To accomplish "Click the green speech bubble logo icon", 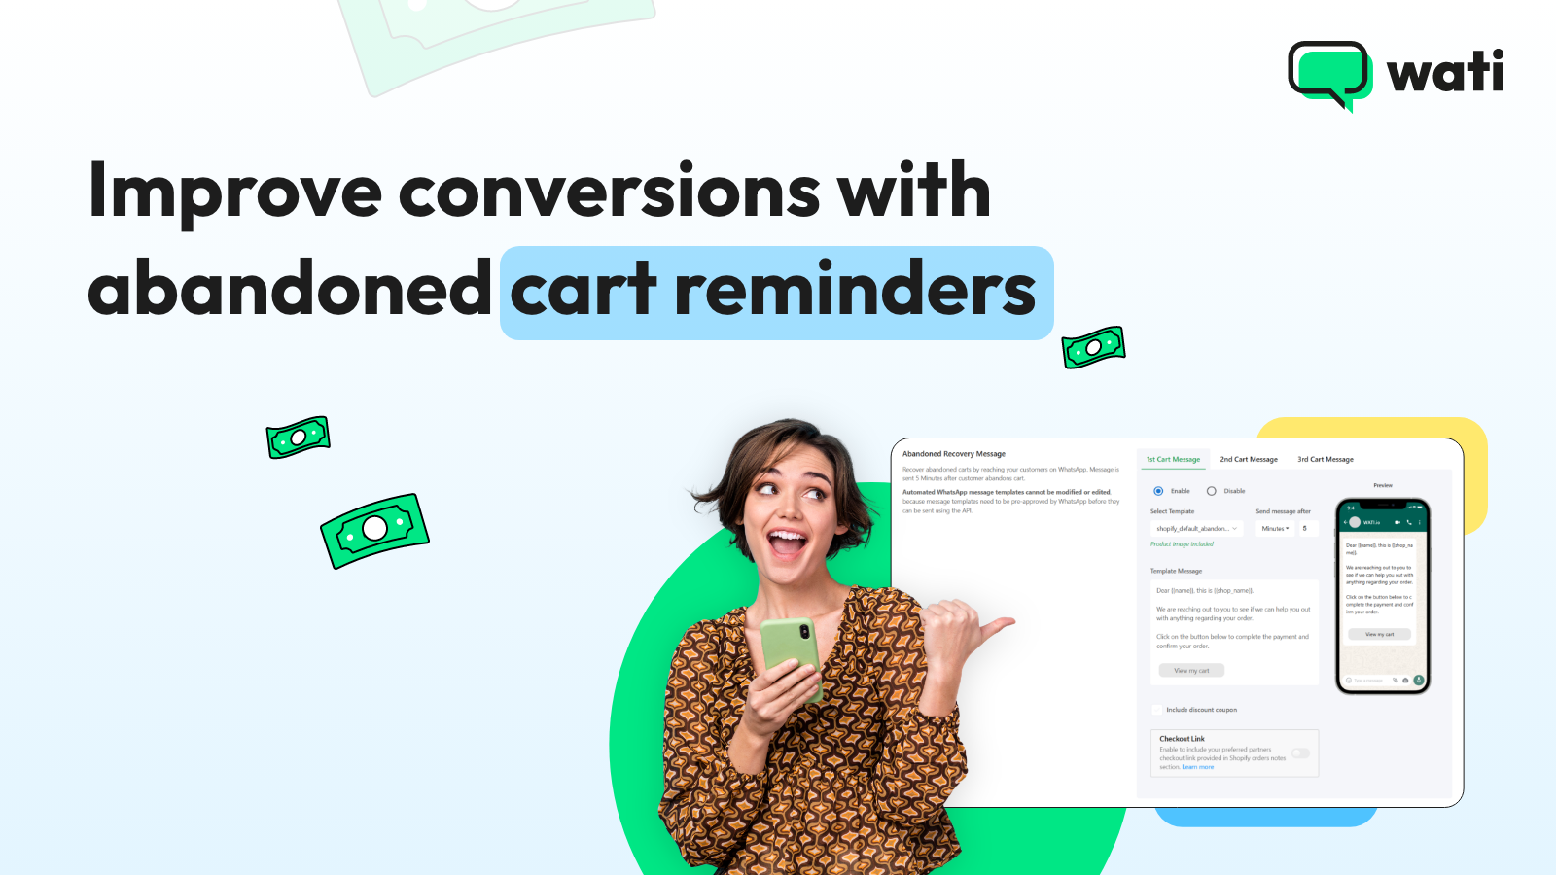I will pos(1328,73).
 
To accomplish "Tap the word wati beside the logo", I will pos(1445,72).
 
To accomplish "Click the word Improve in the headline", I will pos(234,192).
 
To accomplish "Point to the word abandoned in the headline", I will pos(290,290).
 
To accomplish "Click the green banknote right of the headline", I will pos(1093,347).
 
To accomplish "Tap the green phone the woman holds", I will pos(791,657).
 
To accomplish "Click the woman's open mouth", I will pos(787,541).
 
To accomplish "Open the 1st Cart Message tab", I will pos(1173,459).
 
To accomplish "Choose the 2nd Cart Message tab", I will pos(1249,459).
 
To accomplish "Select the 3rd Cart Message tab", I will pos(1326,459).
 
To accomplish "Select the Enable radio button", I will pos(1158,491).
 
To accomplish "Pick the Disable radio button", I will pos(1212,491).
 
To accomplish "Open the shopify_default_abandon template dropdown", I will pos(1196,529).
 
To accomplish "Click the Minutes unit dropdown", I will pos(1275,529).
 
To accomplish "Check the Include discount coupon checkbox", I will pos(1157,710).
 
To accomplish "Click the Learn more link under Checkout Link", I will pos(1198,767).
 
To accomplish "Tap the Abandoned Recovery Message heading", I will pos(954,454).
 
